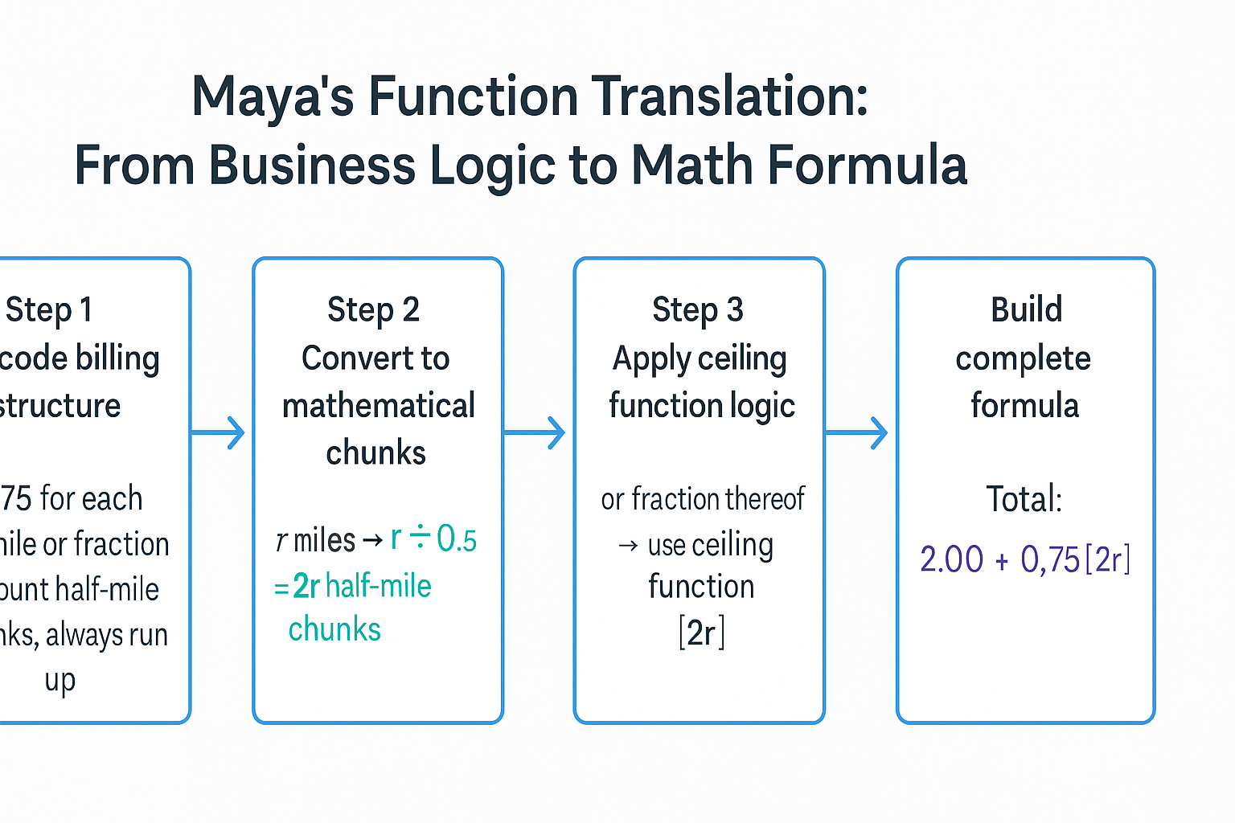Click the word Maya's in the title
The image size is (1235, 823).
pos(273,96)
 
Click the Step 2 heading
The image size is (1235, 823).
pos(374,310)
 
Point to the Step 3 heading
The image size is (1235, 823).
pos(698,310)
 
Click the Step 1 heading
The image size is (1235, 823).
pos(49,310)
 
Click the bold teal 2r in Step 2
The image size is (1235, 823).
pos(306,587)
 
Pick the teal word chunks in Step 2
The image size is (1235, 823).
pos(334,630)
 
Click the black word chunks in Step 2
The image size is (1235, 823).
pos(375,453)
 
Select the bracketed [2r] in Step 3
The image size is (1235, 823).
pos(701,633)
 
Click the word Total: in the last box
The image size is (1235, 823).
pos(1024,499)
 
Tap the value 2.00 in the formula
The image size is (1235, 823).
pos(952,559)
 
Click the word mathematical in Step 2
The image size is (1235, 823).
pos(379,406)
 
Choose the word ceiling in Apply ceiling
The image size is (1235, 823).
pos(743,358)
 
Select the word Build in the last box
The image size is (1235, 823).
pos(1026,309)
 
